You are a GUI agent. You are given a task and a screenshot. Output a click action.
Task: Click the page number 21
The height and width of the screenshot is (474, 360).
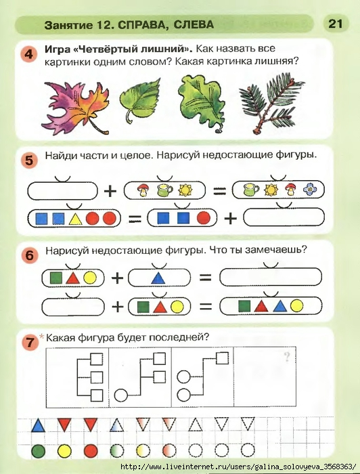coord(336,24)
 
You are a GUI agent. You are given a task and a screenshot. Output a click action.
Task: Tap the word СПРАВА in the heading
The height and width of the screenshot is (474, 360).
coord(141,24)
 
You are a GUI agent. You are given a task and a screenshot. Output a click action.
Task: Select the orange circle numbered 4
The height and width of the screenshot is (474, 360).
coord(28,54)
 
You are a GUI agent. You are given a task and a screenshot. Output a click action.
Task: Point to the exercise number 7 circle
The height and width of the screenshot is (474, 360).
coord(30,343)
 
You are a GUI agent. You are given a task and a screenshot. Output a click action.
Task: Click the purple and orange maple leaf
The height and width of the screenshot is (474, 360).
coord(76,108)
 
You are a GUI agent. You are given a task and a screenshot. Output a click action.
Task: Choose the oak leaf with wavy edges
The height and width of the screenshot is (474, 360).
coord(202,102)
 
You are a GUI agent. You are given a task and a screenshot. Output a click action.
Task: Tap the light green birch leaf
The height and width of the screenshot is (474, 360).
coord(140,99)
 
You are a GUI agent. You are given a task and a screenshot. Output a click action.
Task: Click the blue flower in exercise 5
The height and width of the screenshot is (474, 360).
coord(310,190)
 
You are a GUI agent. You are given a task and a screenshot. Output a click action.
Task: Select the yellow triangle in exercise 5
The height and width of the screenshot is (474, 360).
coord(75,218)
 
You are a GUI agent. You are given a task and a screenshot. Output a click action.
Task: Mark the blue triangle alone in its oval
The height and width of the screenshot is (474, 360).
coord(158,278)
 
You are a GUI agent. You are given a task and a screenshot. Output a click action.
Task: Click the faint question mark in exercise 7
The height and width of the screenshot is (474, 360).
coord(287,357)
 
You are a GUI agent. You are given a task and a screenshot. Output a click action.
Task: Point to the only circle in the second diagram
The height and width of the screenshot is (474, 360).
coord(121,395)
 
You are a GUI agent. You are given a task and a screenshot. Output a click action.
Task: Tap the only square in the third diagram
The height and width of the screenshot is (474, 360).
coord(222,358)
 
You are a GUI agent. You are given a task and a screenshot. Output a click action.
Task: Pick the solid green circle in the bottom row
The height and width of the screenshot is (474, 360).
coord(38,452)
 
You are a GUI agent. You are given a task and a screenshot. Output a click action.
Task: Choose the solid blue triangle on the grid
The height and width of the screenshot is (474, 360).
coord(38,425)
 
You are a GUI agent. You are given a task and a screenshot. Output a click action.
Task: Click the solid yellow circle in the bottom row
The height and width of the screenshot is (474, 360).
coord(64,452)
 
